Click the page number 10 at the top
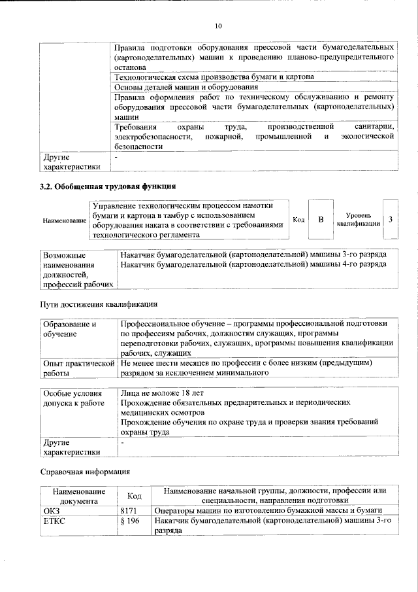[x=218, y=26]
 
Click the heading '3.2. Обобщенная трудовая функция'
[x=107, y=186]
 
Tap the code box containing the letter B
[x=321, y=219]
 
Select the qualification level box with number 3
[x=390, y=219]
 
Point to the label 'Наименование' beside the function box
[x=65, y=220]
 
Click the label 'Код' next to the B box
[x=298, y=220]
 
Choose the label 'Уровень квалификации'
[x=359, y=219]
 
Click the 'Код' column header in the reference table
[x=135, y=496]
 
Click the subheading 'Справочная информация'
[x=86, y=471]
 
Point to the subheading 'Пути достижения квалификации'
[x=99, y=304]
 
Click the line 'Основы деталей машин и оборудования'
[x=186, y=86]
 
